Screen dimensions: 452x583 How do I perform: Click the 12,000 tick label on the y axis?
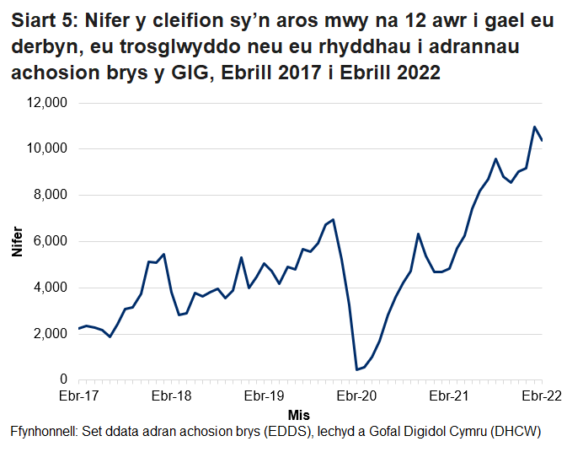pyautogui.click(x=47, y=103)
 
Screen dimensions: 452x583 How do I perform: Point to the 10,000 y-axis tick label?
pyautogui.click(x=47, y=149)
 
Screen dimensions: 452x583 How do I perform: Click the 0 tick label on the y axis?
pyautogui.click(x=63, y=380)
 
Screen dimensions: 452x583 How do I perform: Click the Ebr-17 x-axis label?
pyautogui.click(x=78, y=395)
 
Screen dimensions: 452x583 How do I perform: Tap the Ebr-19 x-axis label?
pyautogui.click(x=264, y=395)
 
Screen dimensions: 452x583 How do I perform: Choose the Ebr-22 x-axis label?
pyautogui.click(x=540, y=395)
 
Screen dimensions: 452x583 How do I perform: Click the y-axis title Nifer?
pyautogui.click(x=17, y=242)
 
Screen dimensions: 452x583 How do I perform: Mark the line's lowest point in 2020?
pyautogui.click(x=356, y=369)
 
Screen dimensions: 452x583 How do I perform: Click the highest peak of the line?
pyautogui.click(x=534, y=127)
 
